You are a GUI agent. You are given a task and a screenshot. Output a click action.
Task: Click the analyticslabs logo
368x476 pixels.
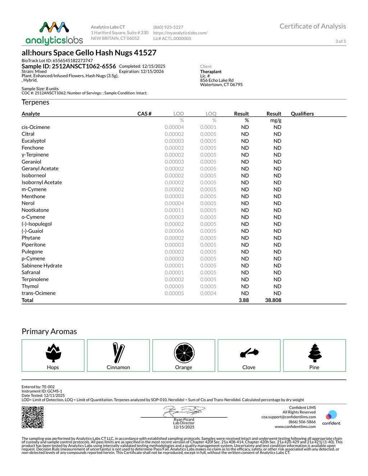coord(54,33)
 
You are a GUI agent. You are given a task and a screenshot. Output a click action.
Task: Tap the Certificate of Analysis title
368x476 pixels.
coord(313,26)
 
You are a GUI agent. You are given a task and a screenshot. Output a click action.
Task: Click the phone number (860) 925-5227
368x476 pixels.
coord(168,27)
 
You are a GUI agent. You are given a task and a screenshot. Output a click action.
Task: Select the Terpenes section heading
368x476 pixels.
coord(35,102)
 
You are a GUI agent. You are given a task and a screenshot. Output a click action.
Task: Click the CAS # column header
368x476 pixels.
coord(144,114)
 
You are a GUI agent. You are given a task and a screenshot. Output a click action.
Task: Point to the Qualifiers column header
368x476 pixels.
coord(302,114)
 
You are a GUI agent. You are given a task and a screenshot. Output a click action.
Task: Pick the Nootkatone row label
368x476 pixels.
coord(35,210)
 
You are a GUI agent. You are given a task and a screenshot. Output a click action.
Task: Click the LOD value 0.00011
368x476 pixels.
coord(174,210)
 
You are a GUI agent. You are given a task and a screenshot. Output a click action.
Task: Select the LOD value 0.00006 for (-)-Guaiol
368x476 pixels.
coord(174,231)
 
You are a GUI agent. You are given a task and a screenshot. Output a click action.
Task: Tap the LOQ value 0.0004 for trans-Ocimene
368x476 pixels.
coord(208,293)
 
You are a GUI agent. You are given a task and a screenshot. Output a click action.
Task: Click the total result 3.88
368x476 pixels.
coord(244,300)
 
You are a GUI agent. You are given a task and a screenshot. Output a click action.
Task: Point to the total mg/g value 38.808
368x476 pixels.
coord(273,300)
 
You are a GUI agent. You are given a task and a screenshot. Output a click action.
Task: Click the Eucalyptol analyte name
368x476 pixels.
coord(33,141)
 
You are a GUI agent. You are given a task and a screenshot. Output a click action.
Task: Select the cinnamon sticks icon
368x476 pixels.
coord(118,352)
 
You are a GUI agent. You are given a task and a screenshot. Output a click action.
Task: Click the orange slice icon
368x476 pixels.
coord(184,353)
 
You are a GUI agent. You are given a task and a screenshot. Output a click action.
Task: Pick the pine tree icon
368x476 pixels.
coord(315,352)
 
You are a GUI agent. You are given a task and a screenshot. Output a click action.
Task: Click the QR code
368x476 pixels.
coord(33,417)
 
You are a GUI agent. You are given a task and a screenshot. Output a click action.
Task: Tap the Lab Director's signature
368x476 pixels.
coord(184,411)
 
